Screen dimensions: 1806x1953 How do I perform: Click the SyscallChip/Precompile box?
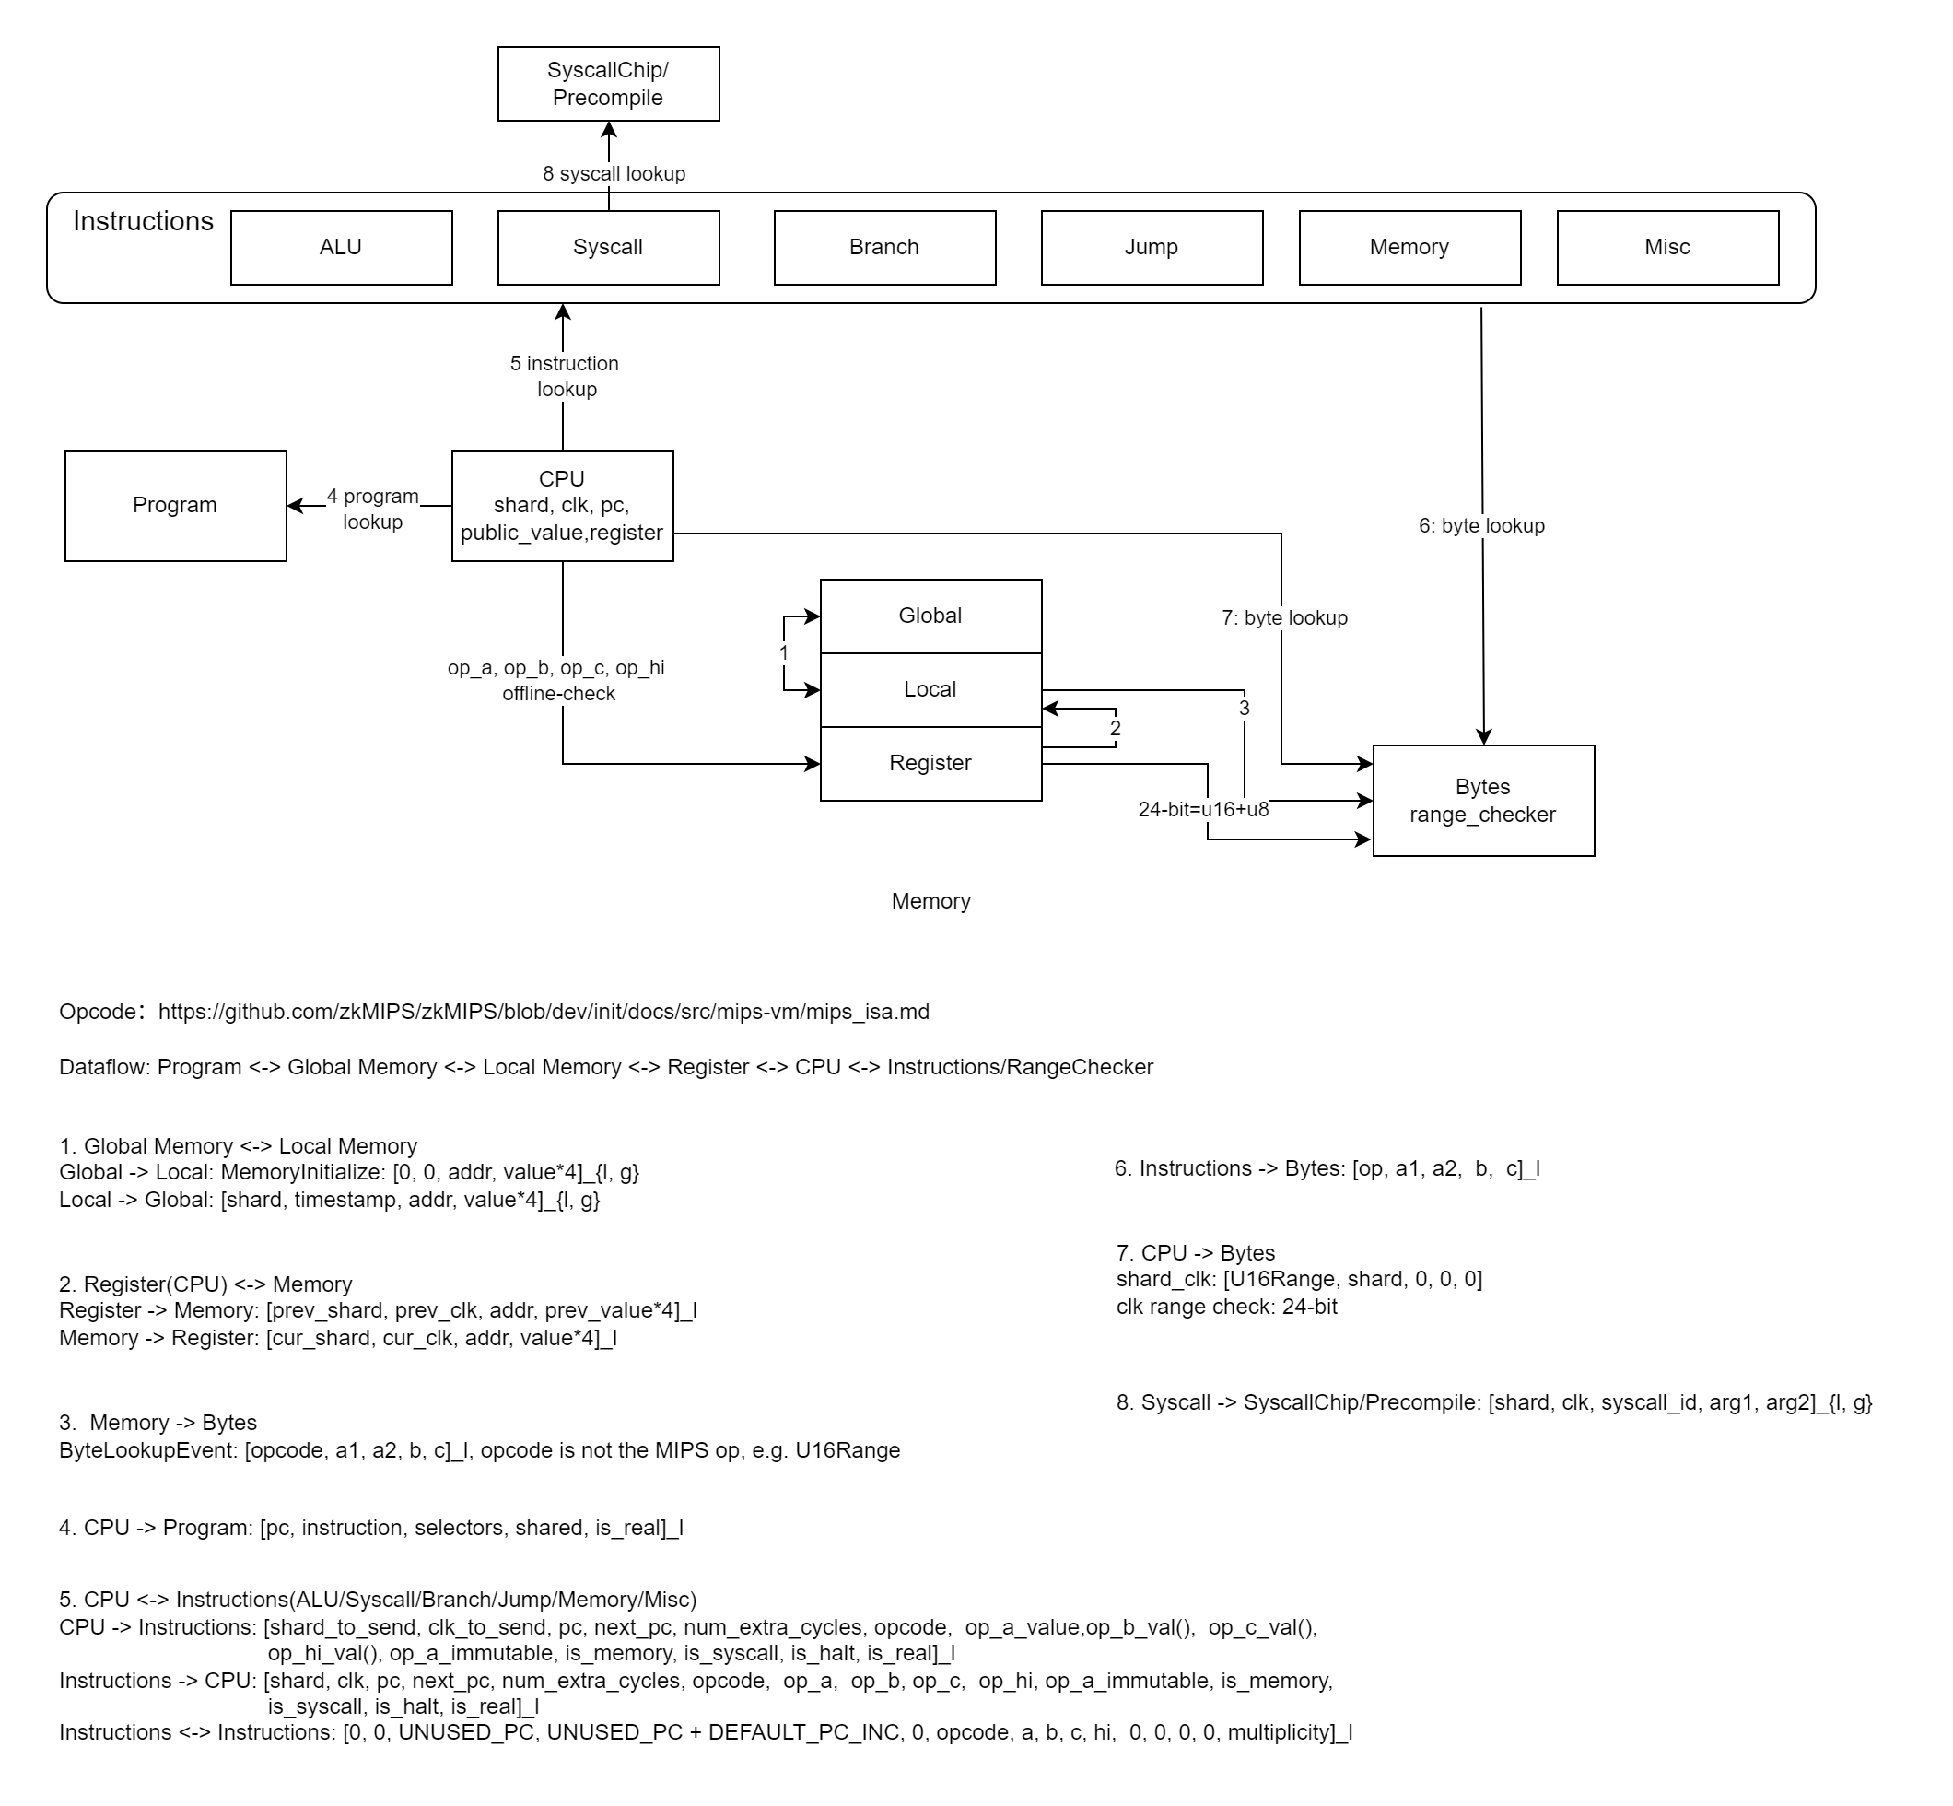[608, 84]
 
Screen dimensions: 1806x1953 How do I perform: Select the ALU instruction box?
[341, 247]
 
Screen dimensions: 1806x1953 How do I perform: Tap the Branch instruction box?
[884, 247]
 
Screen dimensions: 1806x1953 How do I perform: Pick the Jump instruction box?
[1151, 247]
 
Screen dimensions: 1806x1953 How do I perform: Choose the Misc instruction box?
[1666, 247]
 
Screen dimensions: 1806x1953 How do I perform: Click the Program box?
[175, 505]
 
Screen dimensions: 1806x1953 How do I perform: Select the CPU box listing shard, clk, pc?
[562, 505]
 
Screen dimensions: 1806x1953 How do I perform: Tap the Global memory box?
[930, 616]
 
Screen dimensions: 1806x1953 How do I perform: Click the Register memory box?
[930, 763]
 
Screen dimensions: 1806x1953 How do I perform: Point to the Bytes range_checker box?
[1482, 801]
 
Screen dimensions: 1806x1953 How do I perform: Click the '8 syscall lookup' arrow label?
[614, 174]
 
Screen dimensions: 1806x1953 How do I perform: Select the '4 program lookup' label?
[372, 510]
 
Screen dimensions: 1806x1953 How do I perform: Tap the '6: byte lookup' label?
[1481, 526]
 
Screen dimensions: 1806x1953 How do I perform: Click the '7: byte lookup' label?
[1284, 617]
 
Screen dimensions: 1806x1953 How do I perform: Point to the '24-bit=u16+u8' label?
[1203, 809]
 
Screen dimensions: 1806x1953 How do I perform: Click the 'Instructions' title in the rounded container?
[143, 222]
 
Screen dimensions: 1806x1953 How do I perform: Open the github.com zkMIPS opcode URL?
[544, 1012]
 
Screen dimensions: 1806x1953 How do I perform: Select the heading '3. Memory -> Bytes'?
[158, 1422]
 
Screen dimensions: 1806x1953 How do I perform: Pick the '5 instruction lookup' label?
[565, 376]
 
